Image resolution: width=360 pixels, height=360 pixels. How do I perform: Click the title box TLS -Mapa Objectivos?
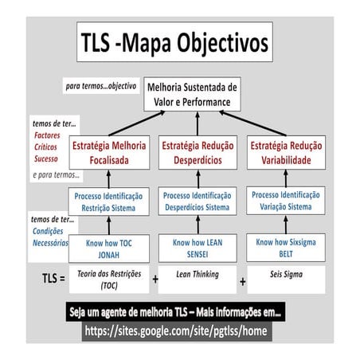174,42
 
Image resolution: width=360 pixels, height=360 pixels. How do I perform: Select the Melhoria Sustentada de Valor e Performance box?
192,94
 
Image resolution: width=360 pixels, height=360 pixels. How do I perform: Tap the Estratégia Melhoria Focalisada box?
109,153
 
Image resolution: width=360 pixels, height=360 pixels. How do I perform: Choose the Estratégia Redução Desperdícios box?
198,153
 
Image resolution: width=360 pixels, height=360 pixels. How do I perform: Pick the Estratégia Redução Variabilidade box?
286,153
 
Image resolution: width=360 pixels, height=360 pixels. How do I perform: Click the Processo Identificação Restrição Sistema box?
108,202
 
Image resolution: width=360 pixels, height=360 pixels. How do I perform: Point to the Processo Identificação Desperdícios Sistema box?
198,202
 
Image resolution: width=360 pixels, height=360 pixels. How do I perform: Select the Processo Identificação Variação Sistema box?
286,201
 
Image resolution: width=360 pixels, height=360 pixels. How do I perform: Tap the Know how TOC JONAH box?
109,248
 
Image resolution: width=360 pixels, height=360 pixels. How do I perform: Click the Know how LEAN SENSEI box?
198,248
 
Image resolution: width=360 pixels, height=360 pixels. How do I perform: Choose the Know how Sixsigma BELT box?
286,248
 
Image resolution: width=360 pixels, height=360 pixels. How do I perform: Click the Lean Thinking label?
198,274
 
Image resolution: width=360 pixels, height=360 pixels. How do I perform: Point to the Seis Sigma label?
286,274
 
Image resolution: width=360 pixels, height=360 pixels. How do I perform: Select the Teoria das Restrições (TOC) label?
109,280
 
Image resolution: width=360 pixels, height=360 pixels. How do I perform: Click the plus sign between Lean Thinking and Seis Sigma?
242,282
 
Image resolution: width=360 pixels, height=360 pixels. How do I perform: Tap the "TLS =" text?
53,279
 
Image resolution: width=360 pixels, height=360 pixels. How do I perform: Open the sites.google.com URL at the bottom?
176,331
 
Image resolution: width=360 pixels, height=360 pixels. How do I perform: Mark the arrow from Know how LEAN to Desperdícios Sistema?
198,225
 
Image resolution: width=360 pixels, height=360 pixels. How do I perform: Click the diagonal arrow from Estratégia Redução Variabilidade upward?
252,123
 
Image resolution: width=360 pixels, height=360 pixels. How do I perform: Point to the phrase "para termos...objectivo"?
101,86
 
